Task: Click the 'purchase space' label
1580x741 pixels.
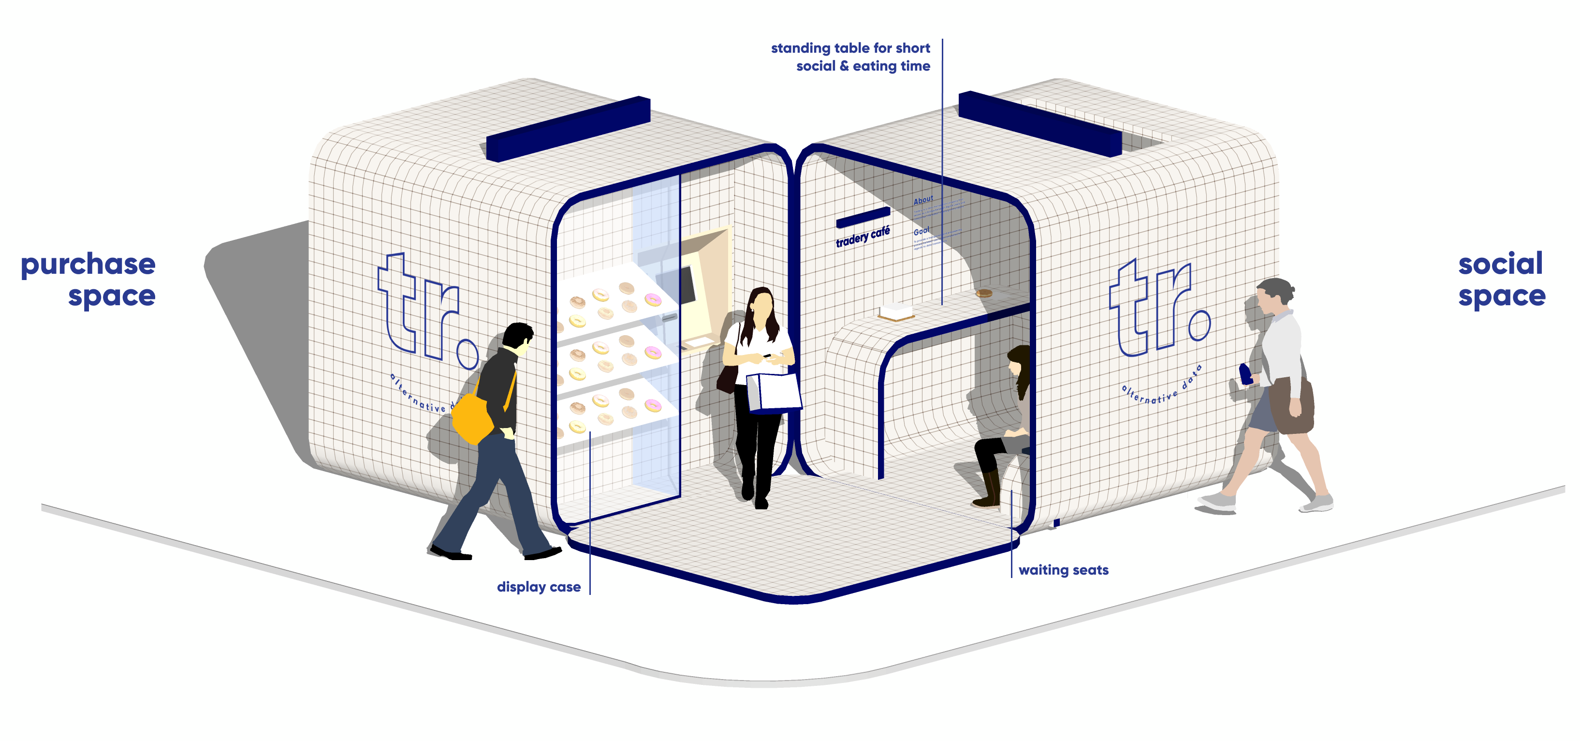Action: pyautogui.click(x=88, y=280)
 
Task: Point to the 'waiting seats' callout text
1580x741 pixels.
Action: pyautogui.click(x=1064, y=570)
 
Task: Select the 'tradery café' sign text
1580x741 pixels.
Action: pyautogui.click(x=863, y=237)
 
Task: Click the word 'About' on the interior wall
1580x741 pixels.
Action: pyautogui.click(x=923, y=200)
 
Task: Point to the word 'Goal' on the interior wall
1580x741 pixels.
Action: pyautogui.click(x=921, y=231)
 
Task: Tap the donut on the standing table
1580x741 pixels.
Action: pyautogui.click(x=984, y=293)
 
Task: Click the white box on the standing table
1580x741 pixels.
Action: pyautogui.click(x=896, y=311)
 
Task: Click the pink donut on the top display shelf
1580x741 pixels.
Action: pyautogui.click(x=653, y=299)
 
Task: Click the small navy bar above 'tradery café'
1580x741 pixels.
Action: pyautogui.click(x=863, y=217)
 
